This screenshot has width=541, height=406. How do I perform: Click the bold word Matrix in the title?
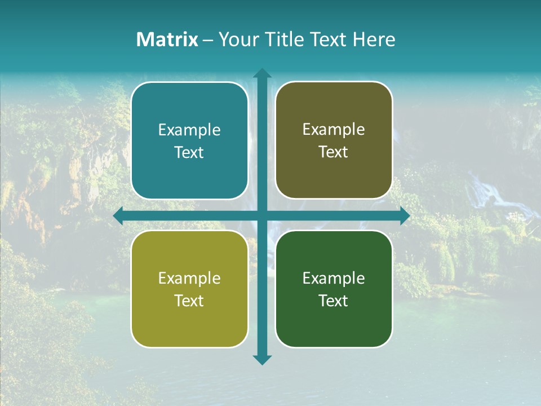(167, 39)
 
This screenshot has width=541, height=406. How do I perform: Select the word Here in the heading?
(374, 39)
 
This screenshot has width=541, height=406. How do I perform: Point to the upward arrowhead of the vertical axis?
(262, 73)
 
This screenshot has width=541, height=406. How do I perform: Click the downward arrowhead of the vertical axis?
(262, 360)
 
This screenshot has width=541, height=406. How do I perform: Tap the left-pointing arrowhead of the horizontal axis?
(118, 216)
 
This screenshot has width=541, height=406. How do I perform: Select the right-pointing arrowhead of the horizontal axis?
(405, 216)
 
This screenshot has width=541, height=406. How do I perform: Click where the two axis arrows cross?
(262, 216)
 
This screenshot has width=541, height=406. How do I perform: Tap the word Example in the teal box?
(189, 130)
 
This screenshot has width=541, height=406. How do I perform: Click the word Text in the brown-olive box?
(334, 152)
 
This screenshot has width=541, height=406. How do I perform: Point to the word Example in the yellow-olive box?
(189, 279)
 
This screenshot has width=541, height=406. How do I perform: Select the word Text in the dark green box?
(334, 301)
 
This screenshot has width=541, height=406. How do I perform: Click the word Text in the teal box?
(189, 153)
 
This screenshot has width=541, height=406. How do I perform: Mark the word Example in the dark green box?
(334, 279)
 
